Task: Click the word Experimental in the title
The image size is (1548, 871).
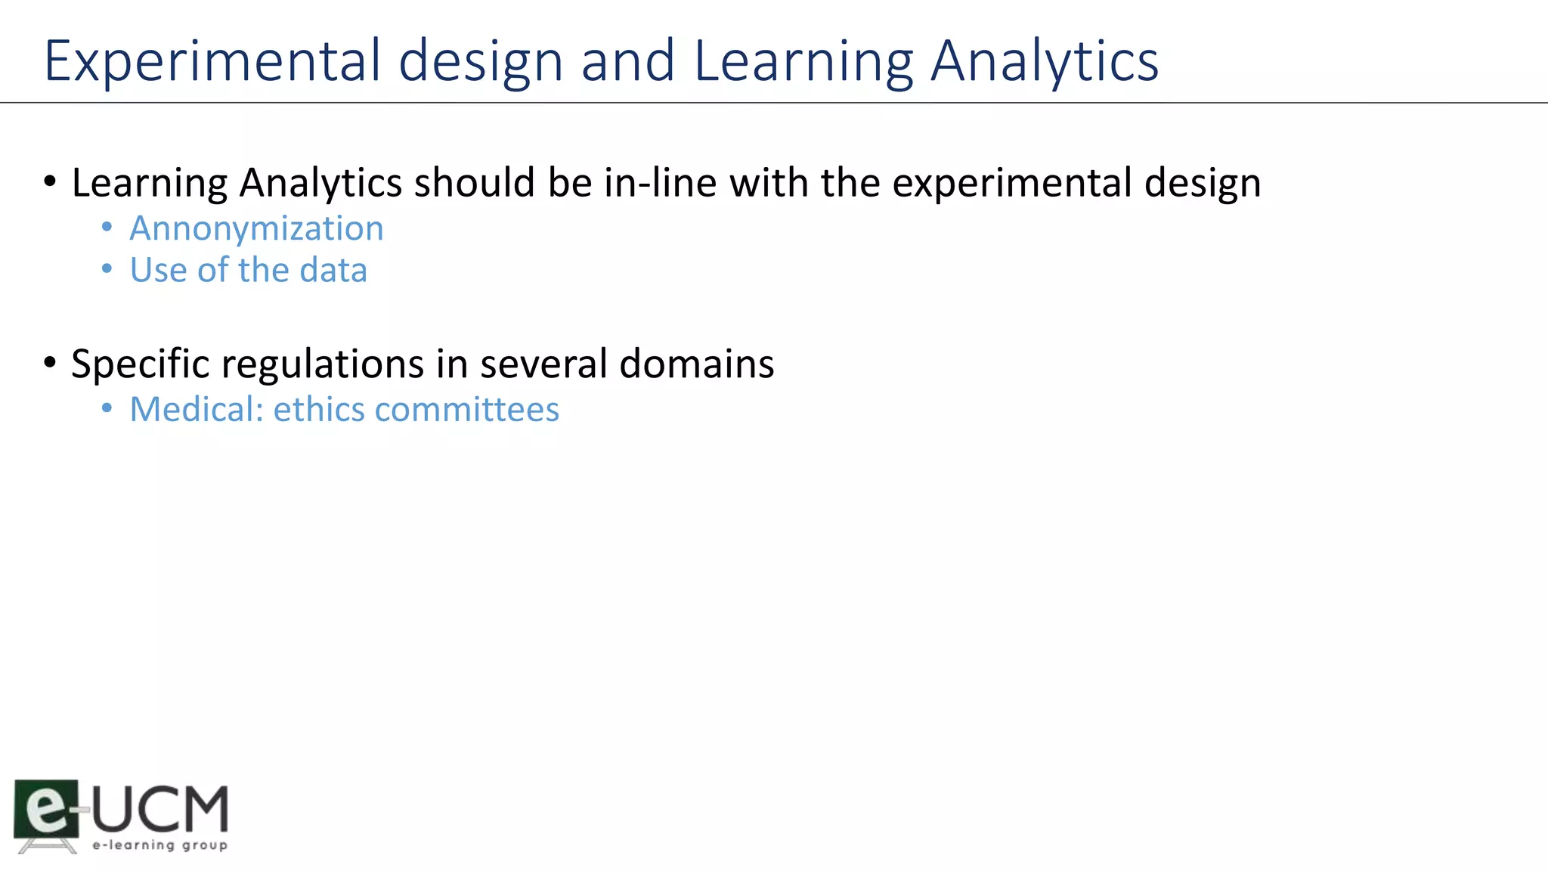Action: coord(212,60)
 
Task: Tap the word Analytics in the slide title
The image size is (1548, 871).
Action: coord(1045,60)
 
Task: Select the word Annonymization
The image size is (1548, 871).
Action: coord(256,228)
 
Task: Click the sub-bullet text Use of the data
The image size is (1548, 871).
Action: coord(248,270)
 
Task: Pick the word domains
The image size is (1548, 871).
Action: coord(696,364)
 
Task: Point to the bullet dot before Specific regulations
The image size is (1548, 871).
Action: coord(50,362)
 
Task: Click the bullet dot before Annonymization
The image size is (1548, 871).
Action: coord(107,227)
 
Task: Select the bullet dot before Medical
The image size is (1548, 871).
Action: coord(107,408)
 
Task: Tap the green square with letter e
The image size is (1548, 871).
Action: coord(46,807)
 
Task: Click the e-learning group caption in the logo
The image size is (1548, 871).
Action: coord(159,845)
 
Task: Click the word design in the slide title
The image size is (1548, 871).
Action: coord(481,60)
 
